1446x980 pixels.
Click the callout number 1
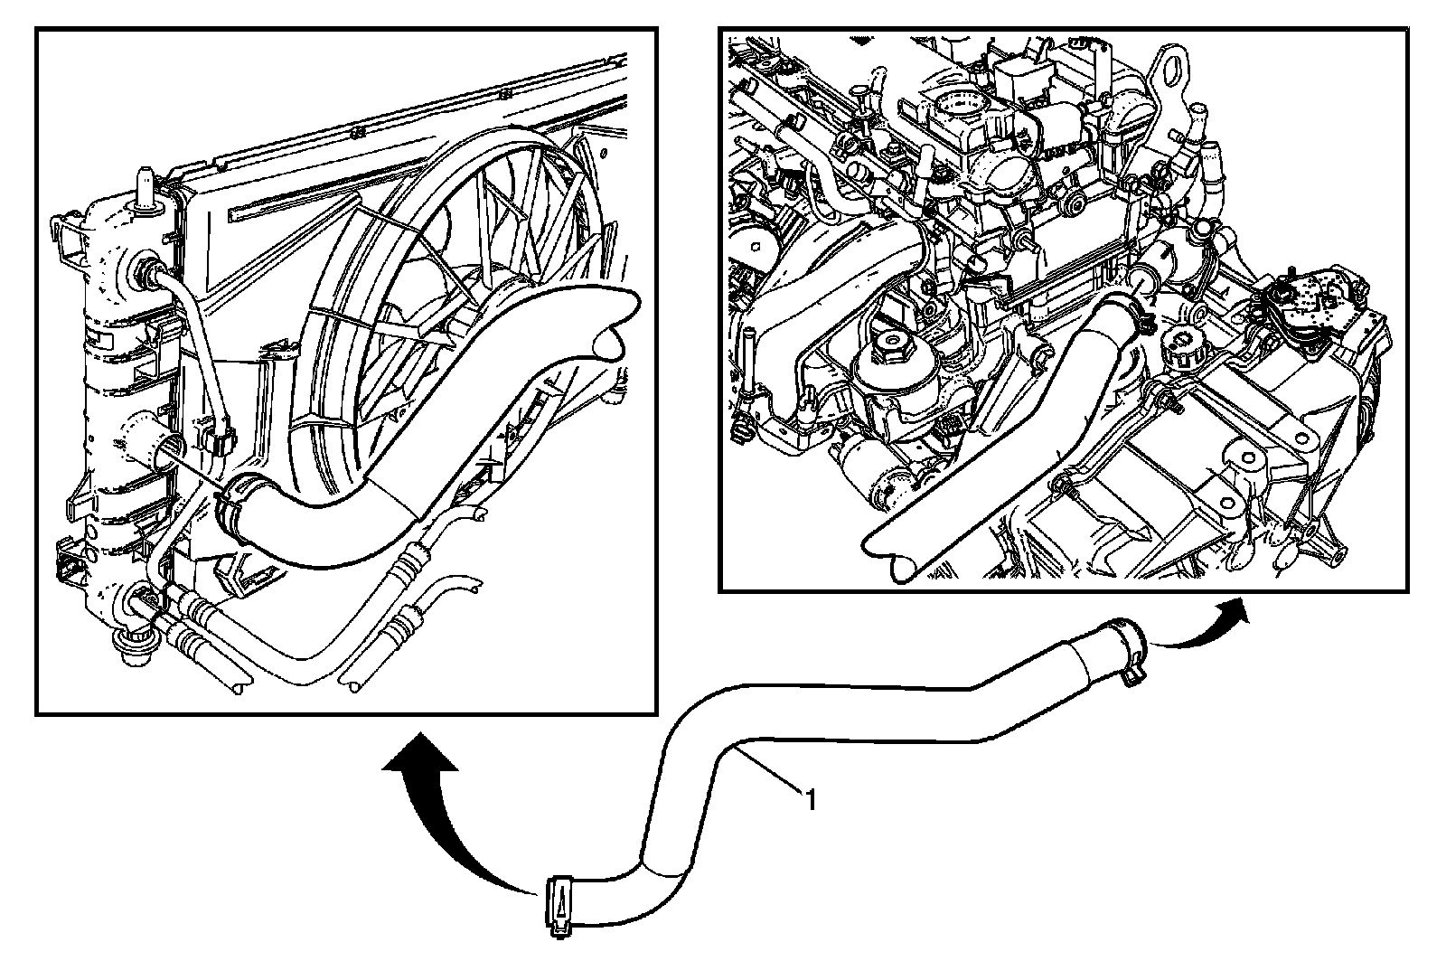point(812,801)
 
